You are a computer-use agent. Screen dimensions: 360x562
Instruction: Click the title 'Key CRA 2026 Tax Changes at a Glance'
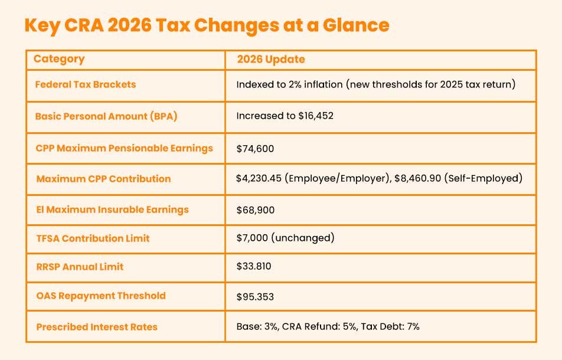(x=207, y=26)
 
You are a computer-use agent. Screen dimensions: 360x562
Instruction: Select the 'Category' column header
(x=59, y=59)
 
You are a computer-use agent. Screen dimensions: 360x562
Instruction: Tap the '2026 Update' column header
(x=270, y=60)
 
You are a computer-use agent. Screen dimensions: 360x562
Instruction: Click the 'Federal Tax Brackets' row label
(x=86, y=84)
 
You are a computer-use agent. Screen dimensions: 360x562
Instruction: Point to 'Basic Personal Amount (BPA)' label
(x=106, y=116)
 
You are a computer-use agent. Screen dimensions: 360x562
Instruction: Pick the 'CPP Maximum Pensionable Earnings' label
(x=124, y=148)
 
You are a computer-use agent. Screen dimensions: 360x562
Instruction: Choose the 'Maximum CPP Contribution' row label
(x=103, y=179)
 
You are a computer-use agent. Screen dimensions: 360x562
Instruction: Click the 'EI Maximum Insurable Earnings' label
(x=112, y=210)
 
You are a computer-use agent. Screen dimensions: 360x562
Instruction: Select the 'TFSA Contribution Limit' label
(x=93, y=238)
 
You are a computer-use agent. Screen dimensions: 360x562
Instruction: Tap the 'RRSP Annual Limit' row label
(x=80, y=267)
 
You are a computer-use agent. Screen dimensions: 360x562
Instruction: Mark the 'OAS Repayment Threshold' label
(x=100, y=296)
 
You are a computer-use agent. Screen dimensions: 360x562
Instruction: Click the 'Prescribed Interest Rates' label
(x=97, y=326)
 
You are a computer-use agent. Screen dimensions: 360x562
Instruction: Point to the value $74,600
(x=255, y=149)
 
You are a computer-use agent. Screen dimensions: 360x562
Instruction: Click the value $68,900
(x=255, y=210)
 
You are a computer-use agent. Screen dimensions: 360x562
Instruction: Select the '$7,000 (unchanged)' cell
(x=285, y=238)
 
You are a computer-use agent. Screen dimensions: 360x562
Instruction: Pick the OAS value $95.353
(x=255, y=296)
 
